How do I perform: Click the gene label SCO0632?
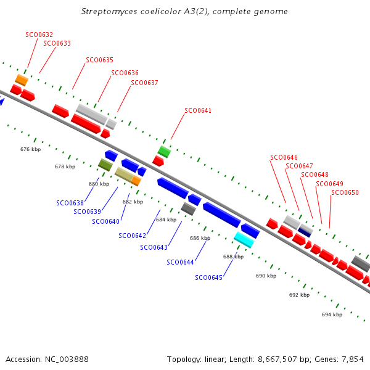39,35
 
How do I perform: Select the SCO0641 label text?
198,111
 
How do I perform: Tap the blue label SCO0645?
208,277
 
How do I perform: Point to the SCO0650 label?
345,193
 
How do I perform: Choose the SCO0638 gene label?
70,203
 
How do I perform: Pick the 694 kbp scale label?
332,314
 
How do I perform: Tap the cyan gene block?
244,239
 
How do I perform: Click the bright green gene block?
164,151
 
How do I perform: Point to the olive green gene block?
105,165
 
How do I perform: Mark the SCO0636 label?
125,73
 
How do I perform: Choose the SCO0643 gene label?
154,247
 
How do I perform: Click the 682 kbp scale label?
133,202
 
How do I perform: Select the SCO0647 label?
299,166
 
